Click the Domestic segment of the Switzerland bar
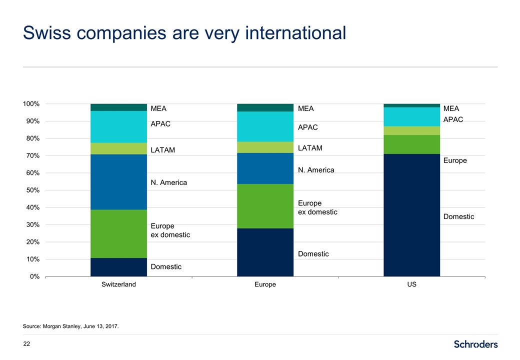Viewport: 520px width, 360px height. point(118,267)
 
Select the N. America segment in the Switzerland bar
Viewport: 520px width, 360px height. point(118,182)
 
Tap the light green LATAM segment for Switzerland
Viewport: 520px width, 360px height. point(118,148)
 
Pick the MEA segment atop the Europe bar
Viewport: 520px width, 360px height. point(265,107)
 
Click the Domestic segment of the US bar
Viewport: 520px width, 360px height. point(411,215)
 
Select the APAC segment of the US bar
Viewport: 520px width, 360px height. point(411,116)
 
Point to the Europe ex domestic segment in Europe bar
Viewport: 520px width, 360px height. point(265,206)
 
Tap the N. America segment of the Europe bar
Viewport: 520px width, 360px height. point(265,168)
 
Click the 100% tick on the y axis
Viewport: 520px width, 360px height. point(31,104)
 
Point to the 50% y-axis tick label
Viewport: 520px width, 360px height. point(32,190)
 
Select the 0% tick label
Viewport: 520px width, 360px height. point(34,276)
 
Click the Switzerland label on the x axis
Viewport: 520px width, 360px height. point(118,284)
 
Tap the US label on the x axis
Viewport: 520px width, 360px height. point(411,284)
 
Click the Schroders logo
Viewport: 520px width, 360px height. point(475,344)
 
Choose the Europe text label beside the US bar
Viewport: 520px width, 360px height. point(455,160)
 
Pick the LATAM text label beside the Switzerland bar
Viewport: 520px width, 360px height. point(163,150)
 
